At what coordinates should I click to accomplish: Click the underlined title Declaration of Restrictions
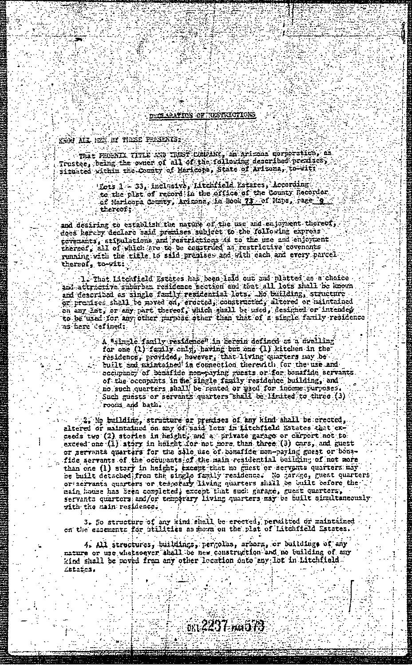(203, 115)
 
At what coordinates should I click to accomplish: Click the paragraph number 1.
(84, 278)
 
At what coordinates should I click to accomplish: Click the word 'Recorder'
(313, 192)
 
